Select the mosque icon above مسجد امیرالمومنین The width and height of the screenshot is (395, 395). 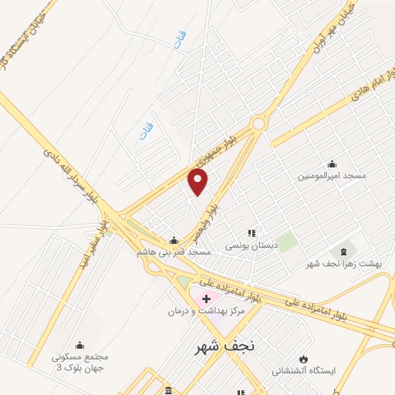click(332, 164)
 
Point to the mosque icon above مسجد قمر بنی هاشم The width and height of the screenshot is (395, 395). click(174, 240)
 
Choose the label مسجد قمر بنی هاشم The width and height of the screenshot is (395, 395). click(174, 252)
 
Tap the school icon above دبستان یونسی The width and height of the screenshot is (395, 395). click(251, 232)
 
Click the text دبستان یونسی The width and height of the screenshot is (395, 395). click(250, 245)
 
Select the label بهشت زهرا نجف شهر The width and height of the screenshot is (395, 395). click(343, 264)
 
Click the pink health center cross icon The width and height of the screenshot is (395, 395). click(207, 298)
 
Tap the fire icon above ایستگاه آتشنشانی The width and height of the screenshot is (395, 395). click(303, 359)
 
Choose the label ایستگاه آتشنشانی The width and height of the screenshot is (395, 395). click(303, 371)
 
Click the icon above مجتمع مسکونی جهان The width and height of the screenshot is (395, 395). click(79, 345)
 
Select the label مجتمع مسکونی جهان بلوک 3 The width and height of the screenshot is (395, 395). click(80, 362)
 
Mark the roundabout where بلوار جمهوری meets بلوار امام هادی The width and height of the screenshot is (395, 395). click(258, 123)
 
